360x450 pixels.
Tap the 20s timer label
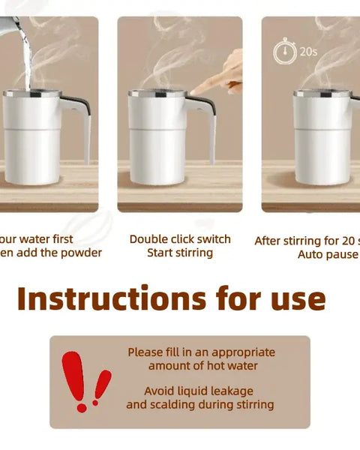pyautogui.click(x=308, y=52)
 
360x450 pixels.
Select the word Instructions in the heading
pyautogui.click(x=109, y=298)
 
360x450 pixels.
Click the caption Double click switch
pyautogui.click(x=180, y=239)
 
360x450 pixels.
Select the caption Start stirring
pyautogui.click(x=180, y=253)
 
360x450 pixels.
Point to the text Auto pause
pyautogui.click(x=328, y=255)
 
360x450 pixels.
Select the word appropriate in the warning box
pyautogui.click(x=243, y=352)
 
